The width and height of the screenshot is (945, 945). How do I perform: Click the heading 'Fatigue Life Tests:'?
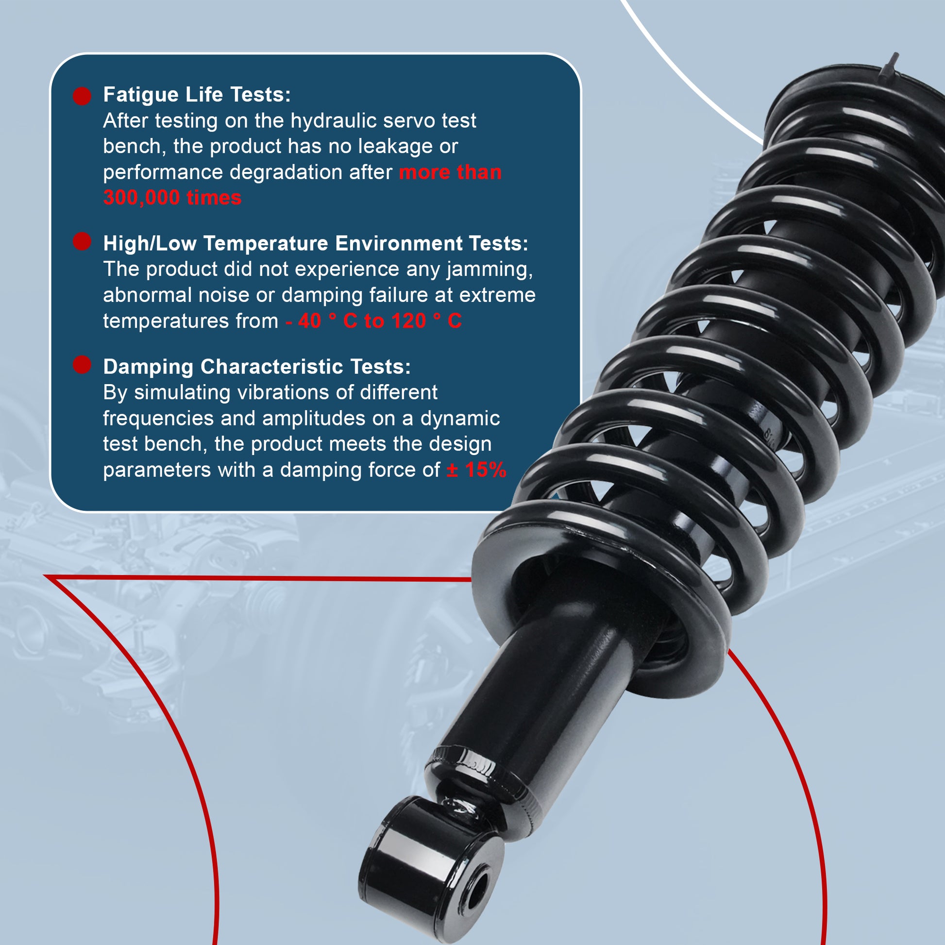[x=197, y=95]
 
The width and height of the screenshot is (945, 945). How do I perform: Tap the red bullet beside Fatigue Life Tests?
[x=82, y=96]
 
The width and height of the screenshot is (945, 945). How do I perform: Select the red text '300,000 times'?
[x=172, y=198]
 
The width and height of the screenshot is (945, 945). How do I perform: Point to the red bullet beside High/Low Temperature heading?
[x=82, y=241]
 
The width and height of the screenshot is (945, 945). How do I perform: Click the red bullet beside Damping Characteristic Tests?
[x=82, y=364]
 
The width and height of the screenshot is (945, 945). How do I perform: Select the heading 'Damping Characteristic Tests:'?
[x=257, y=367]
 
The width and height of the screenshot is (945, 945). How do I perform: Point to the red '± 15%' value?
[x=476, y=470]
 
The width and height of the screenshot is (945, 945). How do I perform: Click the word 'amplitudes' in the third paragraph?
[x=314, y=419]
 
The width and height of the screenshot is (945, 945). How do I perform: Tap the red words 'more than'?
[x=450, y=173]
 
